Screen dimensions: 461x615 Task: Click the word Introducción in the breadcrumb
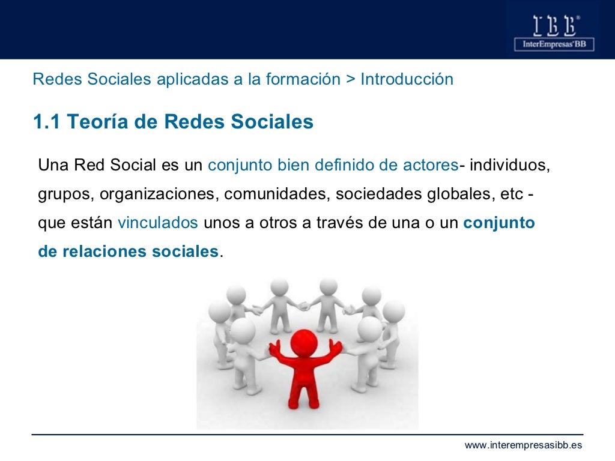click(x=407, y=79)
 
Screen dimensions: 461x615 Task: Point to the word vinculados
click(x=158, y=223)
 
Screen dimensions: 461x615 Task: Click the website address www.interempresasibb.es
click(x=523, y=445)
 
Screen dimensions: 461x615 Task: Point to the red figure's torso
click(x=304, y=375)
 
